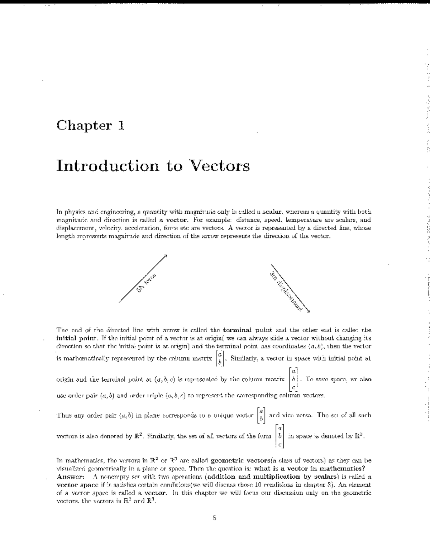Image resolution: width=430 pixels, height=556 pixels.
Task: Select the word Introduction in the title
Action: (107, 166)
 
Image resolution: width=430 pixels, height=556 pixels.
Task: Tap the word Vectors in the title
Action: (219, 166)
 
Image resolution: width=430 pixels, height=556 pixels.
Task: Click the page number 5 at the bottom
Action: (214, 518)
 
